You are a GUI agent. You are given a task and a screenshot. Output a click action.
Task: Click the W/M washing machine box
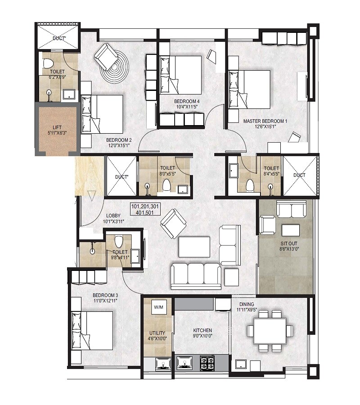pos(158,307)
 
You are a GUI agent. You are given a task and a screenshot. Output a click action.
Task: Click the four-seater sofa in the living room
pos(196,275)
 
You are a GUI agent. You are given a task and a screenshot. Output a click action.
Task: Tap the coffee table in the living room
pos(194,247)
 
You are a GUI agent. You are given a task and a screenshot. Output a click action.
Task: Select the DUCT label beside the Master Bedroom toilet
pos(299,175)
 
